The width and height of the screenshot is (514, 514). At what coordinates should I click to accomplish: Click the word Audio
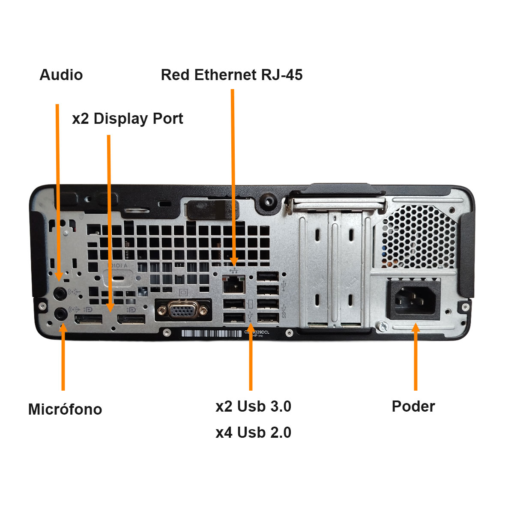pyautogui.click(x=61, y=75)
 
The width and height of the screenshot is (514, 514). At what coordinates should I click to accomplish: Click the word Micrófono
pyautogui.click(x=65, y=409)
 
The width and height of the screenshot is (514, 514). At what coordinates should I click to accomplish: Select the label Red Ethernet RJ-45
pyautogui.click(x=232, y=75)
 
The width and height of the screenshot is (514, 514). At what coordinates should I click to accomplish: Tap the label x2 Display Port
pyautogui.click(x=128, y=119)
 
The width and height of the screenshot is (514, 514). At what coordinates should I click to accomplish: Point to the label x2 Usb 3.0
pyautogui.click(x=254, y=406)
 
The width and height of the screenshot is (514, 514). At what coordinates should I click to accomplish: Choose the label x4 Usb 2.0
pyautogui.click(x=254, y=433)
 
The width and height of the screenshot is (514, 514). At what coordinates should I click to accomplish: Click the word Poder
pyautogui.click(x=413, y=406)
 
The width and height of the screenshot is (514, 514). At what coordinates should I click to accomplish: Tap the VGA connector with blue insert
pyautogui.click(x=183, y=310)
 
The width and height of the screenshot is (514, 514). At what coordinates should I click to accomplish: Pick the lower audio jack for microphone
pyautogui.click(x=61, y=314)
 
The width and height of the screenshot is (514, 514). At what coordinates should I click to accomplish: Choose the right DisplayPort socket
pyautogui.click(x=131, y=319)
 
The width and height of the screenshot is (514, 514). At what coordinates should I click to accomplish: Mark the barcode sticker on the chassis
pyautogui.click(x=212, y=333)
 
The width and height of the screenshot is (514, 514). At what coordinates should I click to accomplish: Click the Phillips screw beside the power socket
pyautogui.click(x=382, y=327)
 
